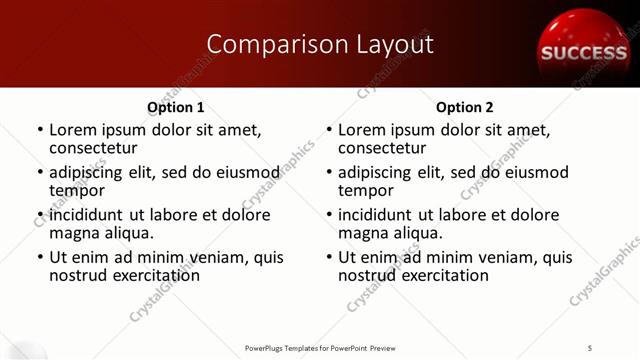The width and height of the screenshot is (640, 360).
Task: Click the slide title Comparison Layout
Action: (x=319, y=45)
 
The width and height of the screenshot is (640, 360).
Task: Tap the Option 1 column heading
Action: (x=175, y=107)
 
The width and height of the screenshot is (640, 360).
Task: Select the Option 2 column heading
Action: (x=464, y=107)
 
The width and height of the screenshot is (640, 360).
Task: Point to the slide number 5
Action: (x=590, y=347)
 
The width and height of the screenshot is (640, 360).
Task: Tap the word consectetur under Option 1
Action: (x=92, y=148)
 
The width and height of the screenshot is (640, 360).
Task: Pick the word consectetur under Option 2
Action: (x=381, y=148)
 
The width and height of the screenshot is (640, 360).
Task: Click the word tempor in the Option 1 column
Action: (x=77, y=190)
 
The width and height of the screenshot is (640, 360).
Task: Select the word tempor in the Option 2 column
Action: (x=366, y=190)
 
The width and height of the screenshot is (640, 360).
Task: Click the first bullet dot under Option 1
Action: (x=39, y=131)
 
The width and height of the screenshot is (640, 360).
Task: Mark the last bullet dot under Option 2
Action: (x=328, y=258)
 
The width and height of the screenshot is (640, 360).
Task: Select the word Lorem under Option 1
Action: (x=73, y=130)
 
